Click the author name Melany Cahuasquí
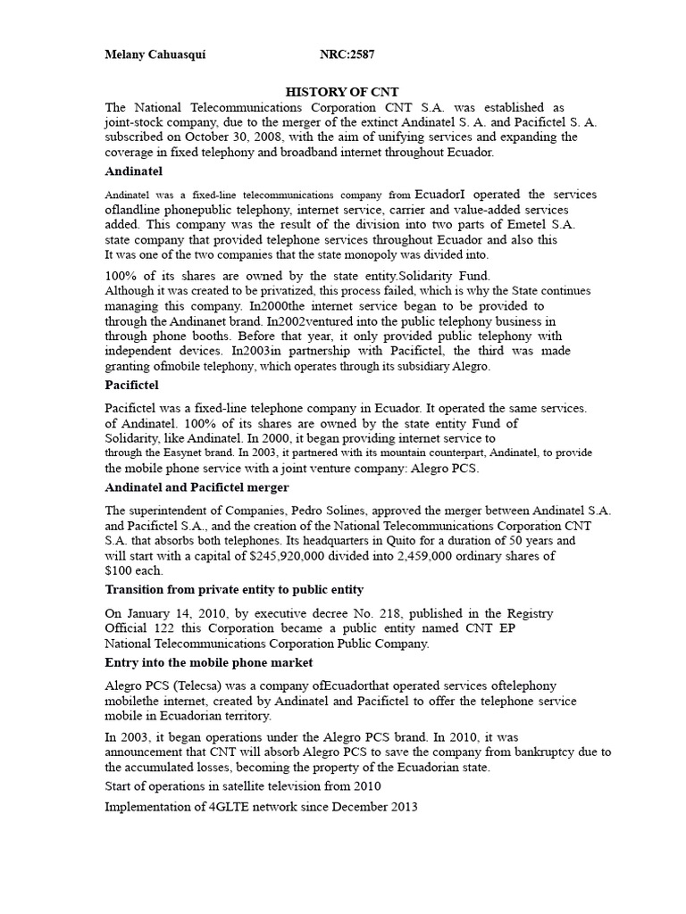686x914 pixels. point(155,55)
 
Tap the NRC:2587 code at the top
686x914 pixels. point(347,55)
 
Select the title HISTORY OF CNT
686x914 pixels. point(342,92)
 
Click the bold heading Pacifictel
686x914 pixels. point(131,385)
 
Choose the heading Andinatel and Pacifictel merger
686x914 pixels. point(197,487)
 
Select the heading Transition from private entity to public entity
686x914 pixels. point(234,590)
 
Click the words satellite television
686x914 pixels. point(278,786)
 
